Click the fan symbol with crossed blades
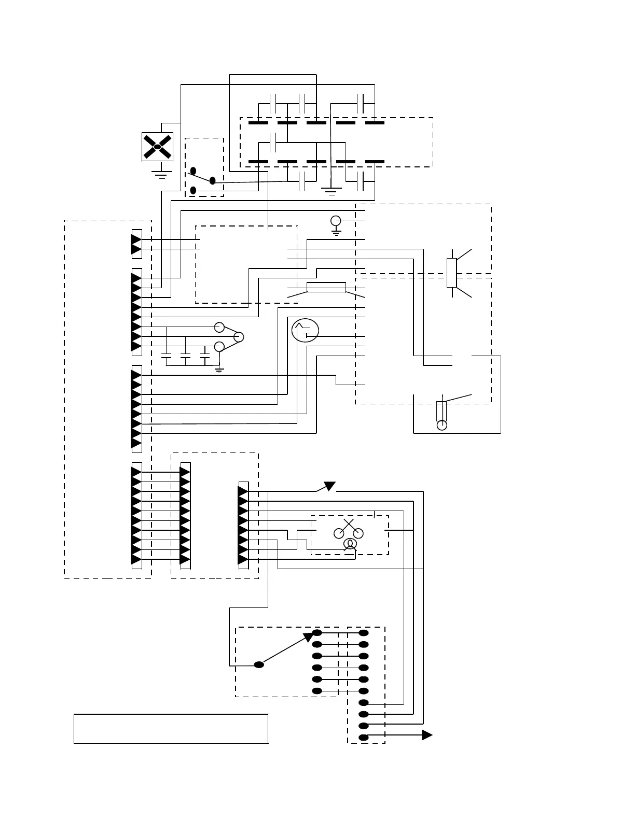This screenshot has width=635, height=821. tap(157, 147)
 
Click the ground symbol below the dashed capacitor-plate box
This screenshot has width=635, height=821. tap(330, 192)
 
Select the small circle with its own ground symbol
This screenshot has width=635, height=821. tap(336, 221)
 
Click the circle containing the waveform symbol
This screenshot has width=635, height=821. tap(305, 331)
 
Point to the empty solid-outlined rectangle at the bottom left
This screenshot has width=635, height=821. tap(171, 728)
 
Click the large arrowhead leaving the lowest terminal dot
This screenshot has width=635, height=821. tap(427, 735)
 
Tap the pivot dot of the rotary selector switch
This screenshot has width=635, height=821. tap(259, 664)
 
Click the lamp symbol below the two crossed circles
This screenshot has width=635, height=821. tap(350, 543)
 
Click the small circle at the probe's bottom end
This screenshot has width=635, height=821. tap(441, 425)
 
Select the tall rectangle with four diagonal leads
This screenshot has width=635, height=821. tap(451, 273)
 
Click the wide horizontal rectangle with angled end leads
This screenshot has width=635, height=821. tap(326, 287)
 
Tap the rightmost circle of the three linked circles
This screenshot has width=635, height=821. tap(238, 337)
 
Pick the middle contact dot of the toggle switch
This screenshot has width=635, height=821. tap(212, 180)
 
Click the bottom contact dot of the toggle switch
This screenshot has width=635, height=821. tap(193, 190)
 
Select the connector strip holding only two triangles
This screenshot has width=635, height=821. tap(137, 244)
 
